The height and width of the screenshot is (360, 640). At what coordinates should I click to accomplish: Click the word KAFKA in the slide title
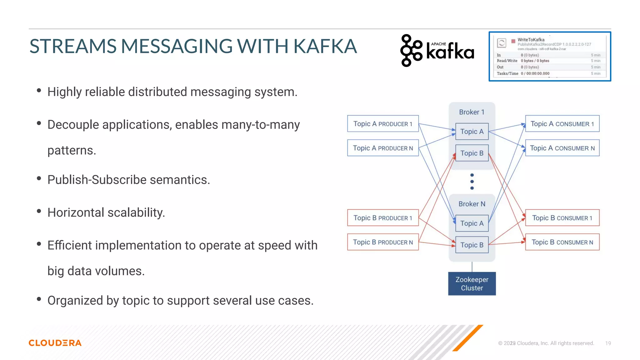(x=325, y=46)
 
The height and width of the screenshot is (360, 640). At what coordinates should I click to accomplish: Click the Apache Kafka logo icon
(x=411, y=50)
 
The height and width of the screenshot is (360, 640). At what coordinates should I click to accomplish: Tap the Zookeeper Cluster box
(x=472, y=283)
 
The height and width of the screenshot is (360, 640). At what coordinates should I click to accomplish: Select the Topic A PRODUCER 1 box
(x=383, y=124)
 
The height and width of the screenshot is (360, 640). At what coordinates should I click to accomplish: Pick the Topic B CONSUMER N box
(x=562, y=242)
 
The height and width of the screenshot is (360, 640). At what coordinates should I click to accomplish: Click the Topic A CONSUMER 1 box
(x=562, y=124)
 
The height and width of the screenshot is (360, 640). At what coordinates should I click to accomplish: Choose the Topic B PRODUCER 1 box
(x=383, y=218)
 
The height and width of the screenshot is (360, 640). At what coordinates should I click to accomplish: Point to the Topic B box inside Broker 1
(x=472, y=153)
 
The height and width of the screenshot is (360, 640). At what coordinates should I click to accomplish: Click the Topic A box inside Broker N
(x=472, y=223)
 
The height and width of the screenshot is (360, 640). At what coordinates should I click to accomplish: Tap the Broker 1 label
(x=472, y=112)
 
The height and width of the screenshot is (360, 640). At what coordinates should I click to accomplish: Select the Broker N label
(x=472, y=204)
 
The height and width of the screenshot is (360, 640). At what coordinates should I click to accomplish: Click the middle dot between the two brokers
(x=472, y=182)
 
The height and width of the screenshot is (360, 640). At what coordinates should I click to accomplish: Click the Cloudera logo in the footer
(x=55, y=343)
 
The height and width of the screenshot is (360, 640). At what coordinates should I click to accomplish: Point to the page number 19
(x=608, y=343)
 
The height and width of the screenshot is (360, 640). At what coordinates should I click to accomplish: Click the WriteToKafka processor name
(x=531, y=40)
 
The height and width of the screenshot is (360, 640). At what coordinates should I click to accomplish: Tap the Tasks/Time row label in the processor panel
(x=507, y=73)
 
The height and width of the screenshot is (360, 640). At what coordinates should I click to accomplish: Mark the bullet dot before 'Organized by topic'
(x=39, y=299)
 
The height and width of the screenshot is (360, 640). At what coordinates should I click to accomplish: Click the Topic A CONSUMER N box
(x=562, y=148)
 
